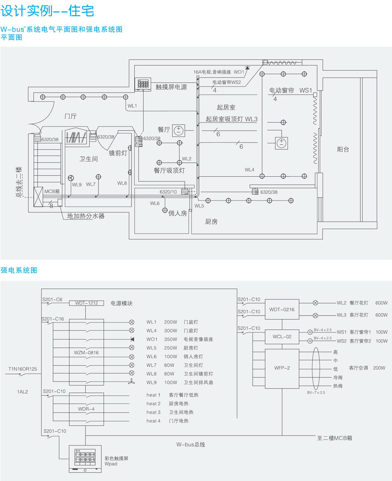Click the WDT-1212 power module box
86,303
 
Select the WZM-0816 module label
86,352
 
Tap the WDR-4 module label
86,409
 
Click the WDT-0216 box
282,309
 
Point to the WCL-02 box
282,337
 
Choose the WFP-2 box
282,368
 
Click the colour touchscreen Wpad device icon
85,458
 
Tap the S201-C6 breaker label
52,300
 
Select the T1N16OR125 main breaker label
23,369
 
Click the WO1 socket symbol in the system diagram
132,339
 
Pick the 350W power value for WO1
170,339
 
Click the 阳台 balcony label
343,149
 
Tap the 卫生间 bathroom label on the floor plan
88,159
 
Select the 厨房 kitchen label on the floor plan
211,221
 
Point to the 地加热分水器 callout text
86,216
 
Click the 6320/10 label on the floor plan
168,192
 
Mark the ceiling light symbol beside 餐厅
179,130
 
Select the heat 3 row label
153,412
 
